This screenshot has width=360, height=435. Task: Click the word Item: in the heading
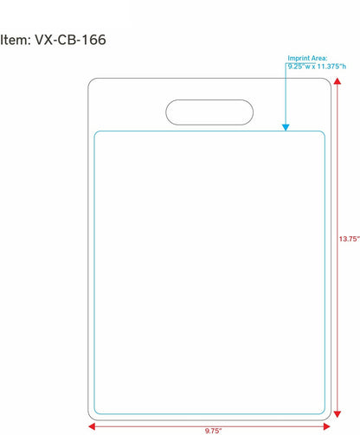tap(16, 40)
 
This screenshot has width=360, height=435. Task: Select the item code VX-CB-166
tap(70, 40)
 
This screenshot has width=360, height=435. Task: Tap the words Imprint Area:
tap(307, 58)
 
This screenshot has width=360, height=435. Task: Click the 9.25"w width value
tap(299, 67)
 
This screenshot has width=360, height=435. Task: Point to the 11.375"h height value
tap(331, 67)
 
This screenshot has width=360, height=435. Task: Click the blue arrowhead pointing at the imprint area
tap(286, 127)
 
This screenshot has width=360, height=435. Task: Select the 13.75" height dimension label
tap(350, 239)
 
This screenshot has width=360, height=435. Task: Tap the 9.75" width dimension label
tap(214, 431)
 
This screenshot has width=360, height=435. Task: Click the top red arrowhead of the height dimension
tap(337, 81)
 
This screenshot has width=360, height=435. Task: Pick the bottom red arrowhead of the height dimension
tap(337, 414)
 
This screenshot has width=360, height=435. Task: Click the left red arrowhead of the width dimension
tap(92, 426)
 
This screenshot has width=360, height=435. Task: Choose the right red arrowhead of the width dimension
tap(327, 426)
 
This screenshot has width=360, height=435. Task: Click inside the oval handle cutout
tap(209, 112)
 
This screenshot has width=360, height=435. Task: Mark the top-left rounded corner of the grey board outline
tap(90, 80)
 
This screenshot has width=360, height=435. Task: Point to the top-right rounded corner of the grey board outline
tap(329, 80)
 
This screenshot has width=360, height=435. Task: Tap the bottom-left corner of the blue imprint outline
tap(96, 413)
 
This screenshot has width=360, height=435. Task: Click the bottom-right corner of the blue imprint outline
tap(324, 413)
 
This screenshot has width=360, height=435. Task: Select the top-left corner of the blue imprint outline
tap(96, 132)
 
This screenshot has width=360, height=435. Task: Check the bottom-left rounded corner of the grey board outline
tap(90, 418)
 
